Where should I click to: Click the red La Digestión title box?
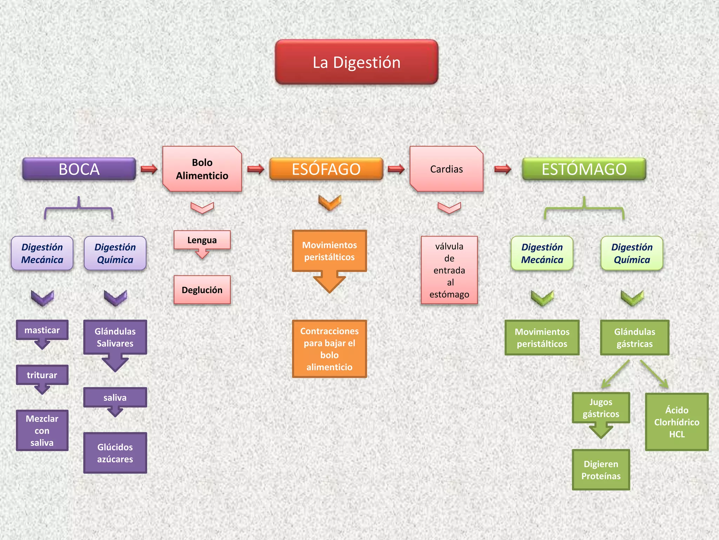[x=356, y=62]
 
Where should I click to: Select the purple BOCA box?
[x=79, y=169]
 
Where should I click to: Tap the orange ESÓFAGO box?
[x=326, y=169]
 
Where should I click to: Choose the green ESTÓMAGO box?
[x=584, y=169]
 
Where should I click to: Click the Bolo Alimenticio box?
[x=202, y=169]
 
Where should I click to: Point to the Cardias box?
[x=446, y=169]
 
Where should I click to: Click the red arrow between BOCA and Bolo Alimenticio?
[x=149, y=169]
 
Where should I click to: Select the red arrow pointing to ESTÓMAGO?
[x=502, y=169]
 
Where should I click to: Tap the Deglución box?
[x=202, y=290]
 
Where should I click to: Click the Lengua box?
[x=202, y=240]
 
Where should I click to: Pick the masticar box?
[x=42, y=330]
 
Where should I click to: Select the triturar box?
[x=42, y=375]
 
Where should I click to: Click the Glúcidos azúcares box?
[x=115, y=453]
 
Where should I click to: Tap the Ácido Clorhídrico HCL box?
[x=677, y=422]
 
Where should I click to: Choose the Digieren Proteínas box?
[x=601, y=470]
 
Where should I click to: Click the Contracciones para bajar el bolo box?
[x=329, y=349]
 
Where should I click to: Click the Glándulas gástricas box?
[x=634, y=337]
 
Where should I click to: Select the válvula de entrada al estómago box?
[x=449, y=270]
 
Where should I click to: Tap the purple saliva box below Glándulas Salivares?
[x=115, y=397]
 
